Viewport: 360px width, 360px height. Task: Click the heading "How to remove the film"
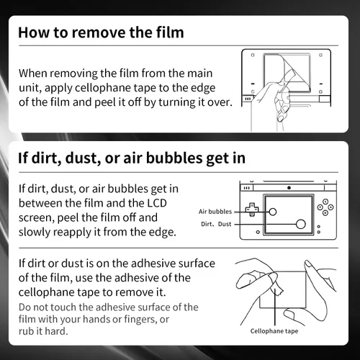click(101, 32)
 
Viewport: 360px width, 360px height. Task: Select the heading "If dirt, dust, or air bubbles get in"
click(132, 158)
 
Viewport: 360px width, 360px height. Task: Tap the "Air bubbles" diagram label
click(215, 212)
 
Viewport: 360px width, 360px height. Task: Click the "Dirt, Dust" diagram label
click(216, 224)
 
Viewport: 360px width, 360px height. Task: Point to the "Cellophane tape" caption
click(274, 331)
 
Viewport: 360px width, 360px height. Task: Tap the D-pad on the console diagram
click(252, 210)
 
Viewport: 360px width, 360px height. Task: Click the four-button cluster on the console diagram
click(325, 207)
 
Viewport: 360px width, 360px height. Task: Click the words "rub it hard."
click(43, 331)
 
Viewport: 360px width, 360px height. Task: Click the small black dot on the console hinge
click(289, 188)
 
